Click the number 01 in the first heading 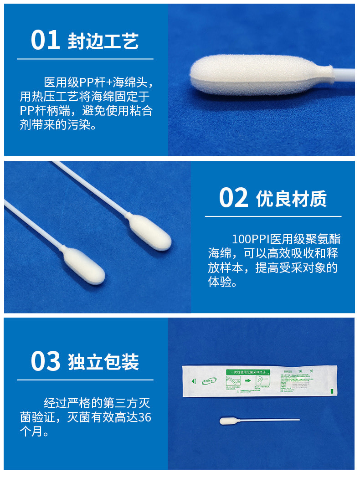pos(45,41)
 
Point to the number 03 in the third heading pos(45,361)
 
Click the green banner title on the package pos(250,372)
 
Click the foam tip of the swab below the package pos(227,421)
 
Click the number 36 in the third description pos(144,416)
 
